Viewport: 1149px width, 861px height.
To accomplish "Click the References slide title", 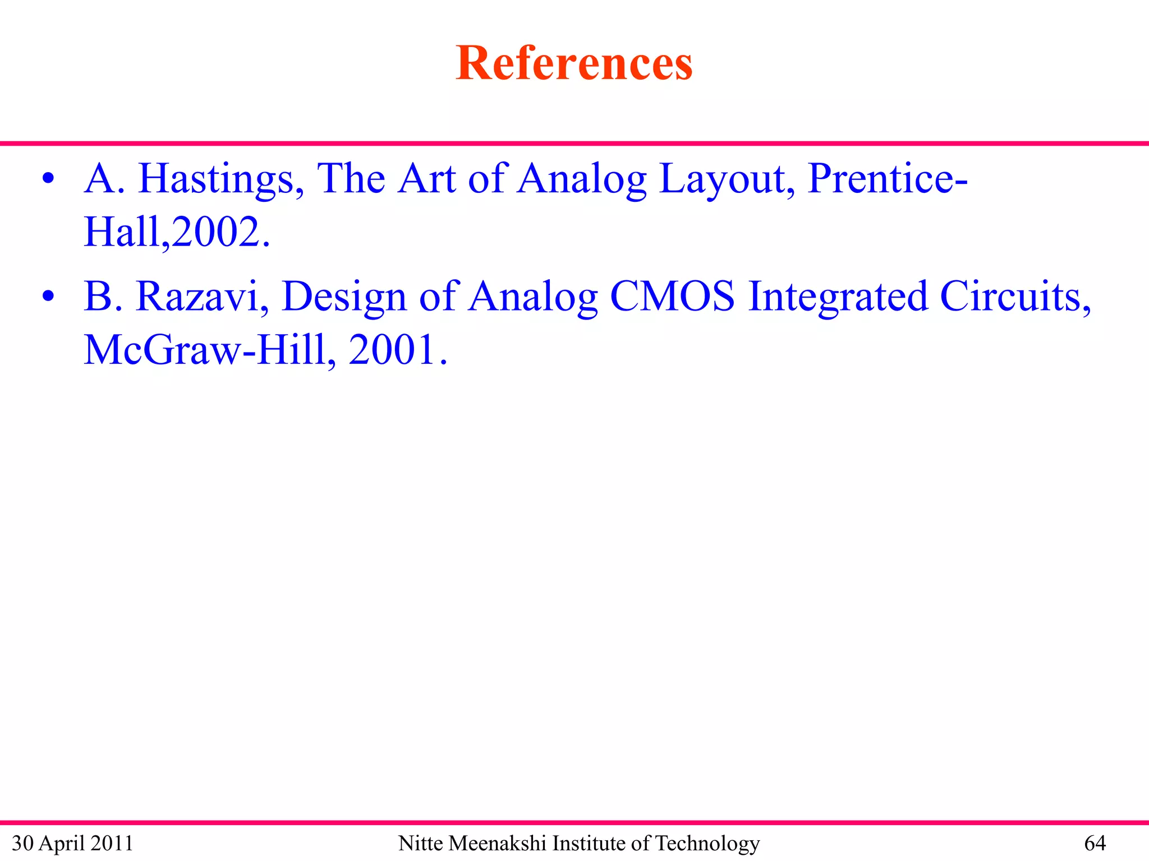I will [x=574, y=63].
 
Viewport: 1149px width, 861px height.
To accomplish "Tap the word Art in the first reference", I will [x=426, y=179].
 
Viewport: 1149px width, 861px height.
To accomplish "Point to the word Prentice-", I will [x=888, y=179].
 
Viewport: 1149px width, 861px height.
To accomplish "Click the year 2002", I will [x=221, y=232].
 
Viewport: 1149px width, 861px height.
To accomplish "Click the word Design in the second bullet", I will [x=344, y=297].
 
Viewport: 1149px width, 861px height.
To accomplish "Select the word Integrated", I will [x=838, y=297].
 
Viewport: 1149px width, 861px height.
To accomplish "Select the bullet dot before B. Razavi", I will [x=48, y=296].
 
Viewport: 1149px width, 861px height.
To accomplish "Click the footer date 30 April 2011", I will [x=72, y=843].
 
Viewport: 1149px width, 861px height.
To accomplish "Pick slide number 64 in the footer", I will [x=1095, y=843].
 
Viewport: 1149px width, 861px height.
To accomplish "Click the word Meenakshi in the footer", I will [x=498, y=843].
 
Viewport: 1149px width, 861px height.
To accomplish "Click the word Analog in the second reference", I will [x=533, y=297].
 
